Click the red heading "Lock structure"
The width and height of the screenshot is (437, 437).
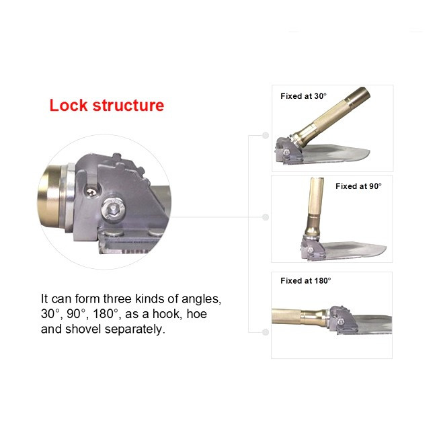point(107,106)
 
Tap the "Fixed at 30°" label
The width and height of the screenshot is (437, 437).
point(303,96)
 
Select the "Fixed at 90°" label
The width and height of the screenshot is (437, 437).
point(358,186)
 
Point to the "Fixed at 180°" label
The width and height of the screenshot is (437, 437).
point(306,280)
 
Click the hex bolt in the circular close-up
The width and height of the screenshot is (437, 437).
point(114,208)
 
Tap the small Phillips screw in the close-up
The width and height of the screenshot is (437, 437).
point(91,192)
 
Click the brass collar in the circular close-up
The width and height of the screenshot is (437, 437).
point(50,195)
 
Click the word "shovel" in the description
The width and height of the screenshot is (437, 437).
point(83,329)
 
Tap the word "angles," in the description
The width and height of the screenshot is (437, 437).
point(201,299)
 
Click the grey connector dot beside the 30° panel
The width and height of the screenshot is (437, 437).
point(266,135)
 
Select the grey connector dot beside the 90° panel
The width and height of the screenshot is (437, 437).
point(266,217)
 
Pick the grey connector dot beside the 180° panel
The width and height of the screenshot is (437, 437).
point(266,332)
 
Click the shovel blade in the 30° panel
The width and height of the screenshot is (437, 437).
point(337,154)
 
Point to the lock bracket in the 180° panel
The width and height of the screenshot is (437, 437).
point(341,320)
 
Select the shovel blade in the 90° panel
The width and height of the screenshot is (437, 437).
point(354,249)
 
